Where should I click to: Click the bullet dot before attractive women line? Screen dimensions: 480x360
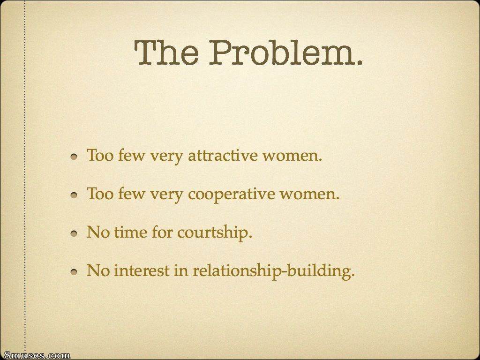74,157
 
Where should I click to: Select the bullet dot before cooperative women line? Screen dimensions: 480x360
74,195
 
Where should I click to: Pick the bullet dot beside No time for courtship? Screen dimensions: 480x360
74,233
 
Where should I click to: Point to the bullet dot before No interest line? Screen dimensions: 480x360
74,272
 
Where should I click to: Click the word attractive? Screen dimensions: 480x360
223,155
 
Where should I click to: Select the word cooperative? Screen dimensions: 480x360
232,195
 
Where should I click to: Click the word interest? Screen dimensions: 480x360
142,270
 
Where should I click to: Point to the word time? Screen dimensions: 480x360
131,232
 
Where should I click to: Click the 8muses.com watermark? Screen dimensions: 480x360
35,355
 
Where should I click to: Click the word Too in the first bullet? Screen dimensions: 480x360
100,155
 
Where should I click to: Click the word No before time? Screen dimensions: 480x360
98,232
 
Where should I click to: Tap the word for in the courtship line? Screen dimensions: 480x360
163,232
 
